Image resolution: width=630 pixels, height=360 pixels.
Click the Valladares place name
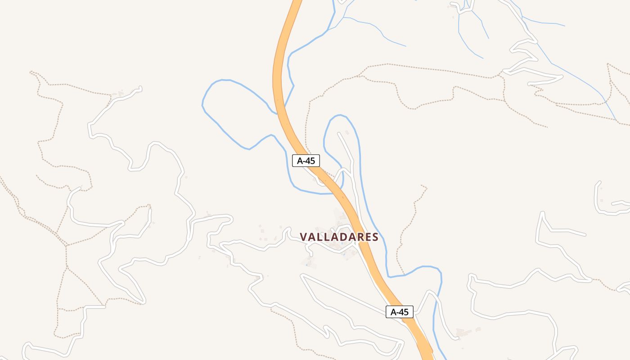339,237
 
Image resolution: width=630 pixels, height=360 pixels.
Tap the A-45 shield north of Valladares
306,161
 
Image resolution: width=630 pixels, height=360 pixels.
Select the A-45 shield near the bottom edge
400,312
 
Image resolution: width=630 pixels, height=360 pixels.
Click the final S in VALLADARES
375,237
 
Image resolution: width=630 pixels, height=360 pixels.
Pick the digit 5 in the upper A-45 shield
312,161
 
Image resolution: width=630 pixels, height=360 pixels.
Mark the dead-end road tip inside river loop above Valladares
339,134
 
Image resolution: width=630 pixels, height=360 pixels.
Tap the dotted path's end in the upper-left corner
31,72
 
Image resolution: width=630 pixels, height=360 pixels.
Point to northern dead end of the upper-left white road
140,87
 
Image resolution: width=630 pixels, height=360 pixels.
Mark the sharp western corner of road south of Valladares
302,276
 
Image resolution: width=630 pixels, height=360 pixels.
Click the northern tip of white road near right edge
599,183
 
